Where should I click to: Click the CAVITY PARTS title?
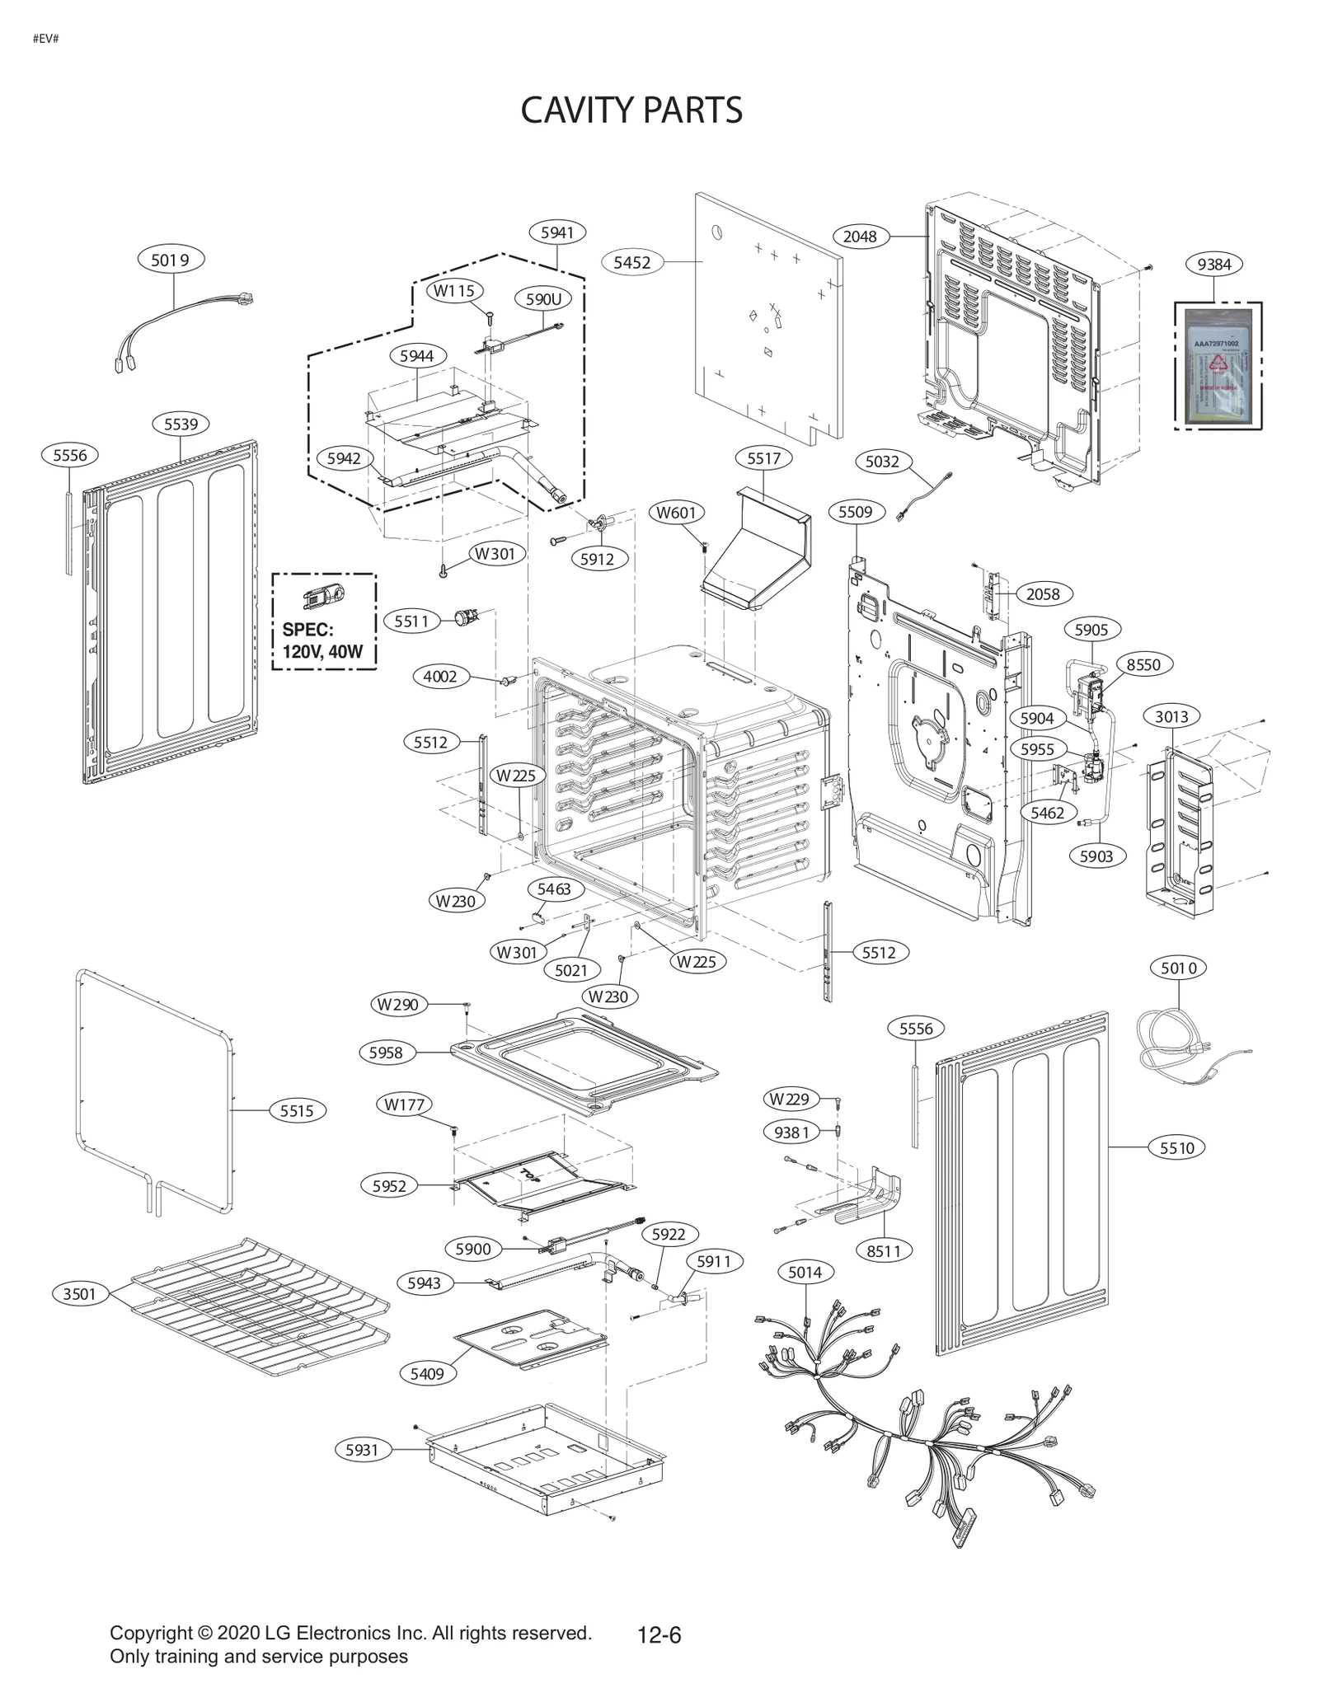point(631,110)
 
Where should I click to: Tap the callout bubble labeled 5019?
point(171,260)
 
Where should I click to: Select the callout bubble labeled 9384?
point(1213,265)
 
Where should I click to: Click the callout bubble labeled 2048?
point(860,237)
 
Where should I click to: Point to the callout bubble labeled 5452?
point(632,262)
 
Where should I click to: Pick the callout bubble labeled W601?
point(676,513)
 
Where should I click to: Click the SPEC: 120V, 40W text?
point(322,640)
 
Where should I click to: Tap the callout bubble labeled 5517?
point(763,458)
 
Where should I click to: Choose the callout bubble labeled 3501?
point(80,1293)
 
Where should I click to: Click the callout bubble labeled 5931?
point(362,1449)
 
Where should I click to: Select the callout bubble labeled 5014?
point(805,1272)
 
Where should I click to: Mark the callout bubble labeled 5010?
point(1178,968)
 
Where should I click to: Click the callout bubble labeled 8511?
point(884,1250)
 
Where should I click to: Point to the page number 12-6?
point(659,1634)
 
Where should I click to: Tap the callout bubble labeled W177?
point(404,1104)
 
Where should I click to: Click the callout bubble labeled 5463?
point(554,889)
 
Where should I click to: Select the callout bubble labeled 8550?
point(1143,664)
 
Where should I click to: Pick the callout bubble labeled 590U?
point(543,299)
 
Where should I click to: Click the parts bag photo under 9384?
point(1218,366)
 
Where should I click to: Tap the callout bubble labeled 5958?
point(386,1052)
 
